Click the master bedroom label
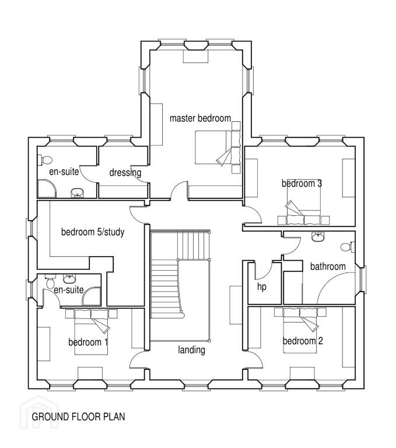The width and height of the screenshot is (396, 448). click(200, 118)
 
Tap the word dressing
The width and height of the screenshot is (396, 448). click(125, 173)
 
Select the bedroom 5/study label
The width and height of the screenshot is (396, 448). click(93, 232)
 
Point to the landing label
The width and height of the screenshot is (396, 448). click(191, 350)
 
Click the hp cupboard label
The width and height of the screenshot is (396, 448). click(262, 286)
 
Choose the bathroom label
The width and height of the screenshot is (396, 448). click(328, 267)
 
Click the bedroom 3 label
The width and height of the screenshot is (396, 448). click(302, 183)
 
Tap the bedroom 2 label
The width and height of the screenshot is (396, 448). click(303, 341)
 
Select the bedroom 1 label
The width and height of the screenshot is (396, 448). click(88, 342)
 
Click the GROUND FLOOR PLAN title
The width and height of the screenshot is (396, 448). click(78, 416)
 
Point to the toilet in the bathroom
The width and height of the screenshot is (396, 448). click(348, 247)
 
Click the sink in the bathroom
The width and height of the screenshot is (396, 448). click(318, 237)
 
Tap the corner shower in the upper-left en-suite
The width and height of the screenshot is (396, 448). click(47, 188)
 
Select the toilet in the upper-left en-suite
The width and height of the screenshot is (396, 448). click(44, 160)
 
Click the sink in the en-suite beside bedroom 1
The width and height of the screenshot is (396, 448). click(69, 278)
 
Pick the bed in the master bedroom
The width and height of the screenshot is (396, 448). click(218, 148)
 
